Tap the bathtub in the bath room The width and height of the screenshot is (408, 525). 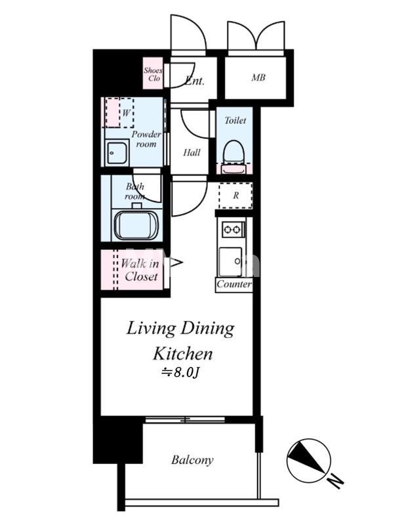click(136, 224)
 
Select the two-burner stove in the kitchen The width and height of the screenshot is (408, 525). click(233, 229)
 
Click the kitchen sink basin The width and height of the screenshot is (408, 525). click(230, 261)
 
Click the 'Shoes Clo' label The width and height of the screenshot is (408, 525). click(153, 74)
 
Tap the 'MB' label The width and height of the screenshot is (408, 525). click(258, 77)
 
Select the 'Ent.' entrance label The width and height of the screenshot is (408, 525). click(194, 81)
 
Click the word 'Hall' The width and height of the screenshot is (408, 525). click(192, 153)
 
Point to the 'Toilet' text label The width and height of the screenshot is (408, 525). click(235, 120)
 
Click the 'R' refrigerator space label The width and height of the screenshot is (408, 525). click(235, 196)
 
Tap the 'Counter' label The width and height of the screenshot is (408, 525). click(234, 284)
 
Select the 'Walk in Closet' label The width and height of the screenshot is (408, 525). click(140, 270)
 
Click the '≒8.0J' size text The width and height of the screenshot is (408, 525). click(180, 372)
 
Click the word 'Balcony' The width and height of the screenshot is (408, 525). click(192, 460)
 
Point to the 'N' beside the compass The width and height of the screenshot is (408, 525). click(335, 481)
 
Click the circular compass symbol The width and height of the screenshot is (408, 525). click(308, 461)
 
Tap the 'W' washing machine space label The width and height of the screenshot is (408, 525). click(126, 113)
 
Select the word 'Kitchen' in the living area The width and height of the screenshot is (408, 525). click(183, 354)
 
